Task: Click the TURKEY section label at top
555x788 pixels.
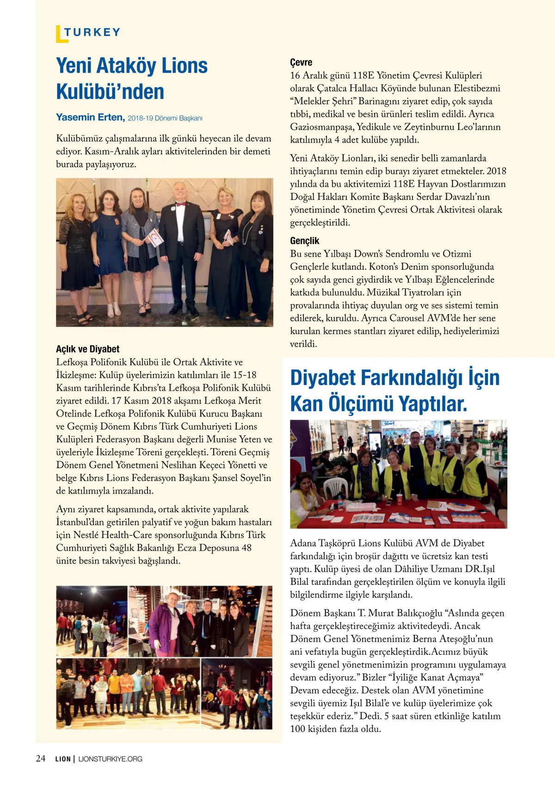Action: coord(92,32)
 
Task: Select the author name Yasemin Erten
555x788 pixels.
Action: coord(90,118)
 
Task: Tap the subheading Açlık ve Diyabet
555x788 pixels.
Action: coord(87,349)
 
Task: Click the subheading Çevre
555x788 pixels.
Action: coord(301,62)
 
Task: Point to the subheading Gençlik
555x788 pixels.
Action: coord(304,241)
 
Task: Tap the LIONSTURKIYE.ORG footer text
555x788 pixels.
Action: coord(111,759)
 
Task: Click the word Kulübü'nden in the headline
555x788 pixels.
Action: coord(110,92)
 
